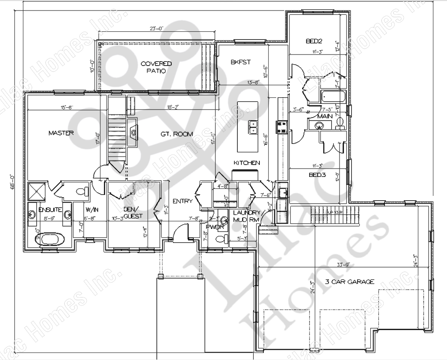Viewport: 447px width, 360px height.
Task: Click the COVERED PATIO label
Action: click(x=156, y=67)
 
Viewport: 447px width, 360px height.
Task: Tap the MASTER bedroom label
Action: click(x=61, y=132)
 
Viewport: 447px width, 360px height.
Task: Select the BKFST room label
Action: click(x=240, y=62)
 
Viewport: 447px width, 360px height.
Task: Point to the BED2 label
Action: click(x=314, y=41)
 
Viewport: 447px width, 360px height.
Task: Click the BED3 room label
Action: click(x=317, y=174)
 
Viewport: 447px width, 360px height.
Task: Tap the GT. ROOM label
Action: click(x=177, y=134)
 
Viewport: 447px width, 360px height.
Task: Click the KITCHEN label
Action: click(x=247, y=163)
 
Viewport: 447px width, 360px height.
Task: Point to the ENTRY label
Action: click(x=182, y=201)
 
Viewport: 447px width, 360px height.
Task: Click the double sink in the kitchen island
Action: click(x=253, y=127)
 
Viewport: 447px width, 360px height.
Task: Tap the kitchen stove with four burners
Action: click(x=281, y=127)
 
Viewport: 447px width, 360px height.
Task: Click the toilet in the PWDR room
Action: click(x=222, y=239)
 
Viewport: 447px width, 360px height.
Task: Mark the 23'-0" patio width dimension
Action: click(x=156, y=29)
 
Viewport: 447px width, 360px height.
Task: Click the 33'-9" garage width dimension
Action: click(x=342, y=264)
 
